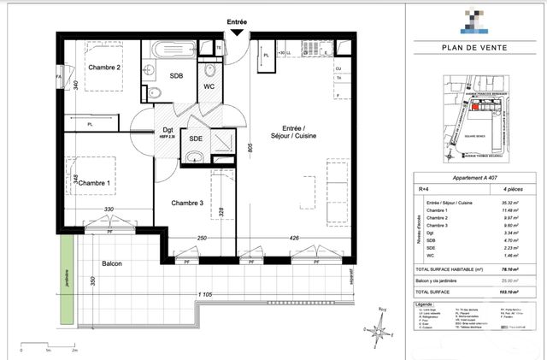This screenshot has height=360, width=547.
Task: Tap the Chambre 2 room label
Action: pos(104,68)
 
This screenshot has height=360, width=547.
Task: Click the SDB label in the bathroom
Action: pos(176,75)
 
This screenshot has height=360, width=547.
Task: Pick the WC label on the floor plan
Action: pos(209,86)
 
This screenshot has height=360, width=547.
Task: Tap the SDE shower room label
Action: pos(196,139)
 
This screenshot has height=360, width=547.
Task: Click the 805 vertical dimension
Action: pos(250,147)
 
